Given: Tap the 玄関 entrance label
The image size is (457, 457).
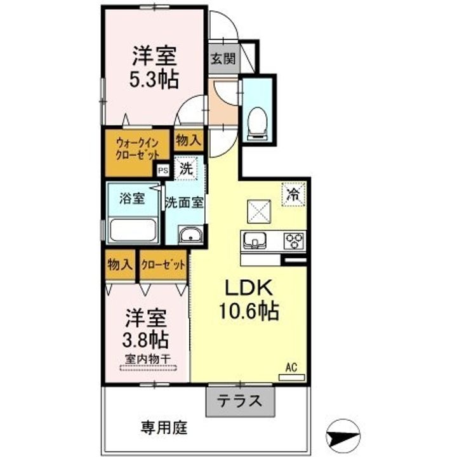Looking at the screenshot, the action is (x=223, y=59).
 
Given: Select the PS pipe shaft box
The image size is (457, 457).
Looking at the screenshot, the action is (x=163, y=170).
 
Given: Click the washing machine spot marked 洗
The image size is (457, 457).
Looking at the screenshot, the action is (x=185, y=168).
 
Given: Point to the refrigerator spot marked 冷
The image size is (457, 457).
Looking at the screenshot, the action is (x=293, y=194).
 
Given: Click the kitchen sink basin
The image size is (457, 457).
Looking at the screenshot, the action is (x=255, y=241).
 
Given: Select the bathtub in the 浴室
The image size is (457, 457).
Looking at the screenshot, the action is (x=133, y=230).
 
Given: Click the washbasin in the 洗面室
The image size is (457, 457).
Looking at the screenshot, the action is (x=190, y=234).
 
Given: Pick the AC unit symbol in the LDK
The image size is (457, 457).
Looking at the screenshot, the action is (x=292, y=378).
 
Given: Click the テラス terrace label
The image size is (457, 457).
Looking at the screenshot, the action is (x=240, y=401).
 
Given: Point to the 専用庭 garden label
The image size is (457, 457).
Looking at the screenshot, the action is (x=164, y=428).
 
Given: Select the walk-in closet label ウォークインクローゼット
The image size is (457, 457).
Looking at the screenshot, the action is (x=137, y=149).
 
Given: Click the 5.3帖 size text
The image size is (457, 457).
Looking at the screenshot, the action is (x=154, y=79).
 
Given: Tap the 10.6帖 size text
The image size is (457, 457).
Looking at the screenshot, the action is (x=249, y=311).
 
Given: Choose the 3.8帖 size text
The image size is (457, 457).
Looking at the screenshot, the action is (x=145, y=340).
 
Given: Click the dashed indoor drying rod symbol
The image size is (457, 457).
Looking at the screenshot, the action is (x=149, y=368).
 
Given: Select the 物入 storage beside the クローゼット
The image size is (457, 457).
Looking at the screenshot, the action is (x=120, y=265).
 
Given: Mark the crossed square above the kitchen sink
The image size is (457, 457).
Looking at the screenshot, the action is (x=259, y=211).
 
